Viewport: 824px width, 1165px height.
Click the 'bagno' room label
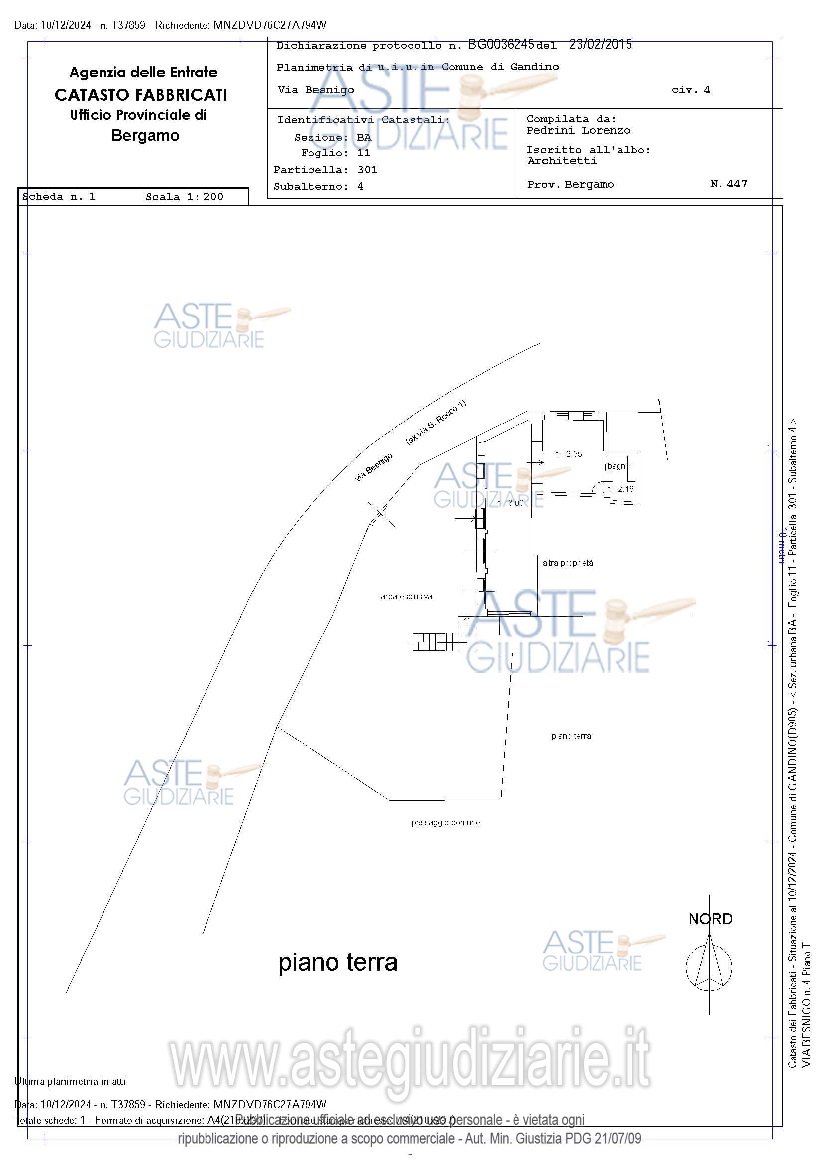[x=618, y=466]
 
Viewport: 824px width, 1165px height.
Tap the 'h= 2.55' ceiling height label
[x=568, y=454]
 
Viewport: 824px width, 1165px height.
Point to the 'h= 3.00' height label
[x=510, y=503]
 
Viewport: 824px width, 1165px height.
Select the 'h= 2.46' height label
[x=619, y=489]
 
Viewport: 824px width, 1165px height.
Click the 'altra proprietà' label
[x=567, y=563]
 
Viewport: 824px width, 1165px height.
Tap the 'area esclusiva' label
[x=406, y=596]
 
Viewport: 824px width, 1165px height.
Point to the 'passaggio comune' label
[x=445, y=822]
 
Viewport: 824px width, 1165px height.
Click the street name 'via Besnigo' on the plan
[x=374, y=467]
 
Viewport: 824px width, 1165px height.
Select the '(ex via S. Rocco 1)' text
[x=435, y=423]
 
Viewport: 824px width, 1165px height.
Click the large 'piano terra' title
[x=337, y=962]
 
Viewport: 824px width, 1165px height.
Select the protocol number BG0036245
[x=500, y=45]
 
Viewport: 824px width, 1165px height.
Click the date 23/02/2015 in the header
[x=600, y=45]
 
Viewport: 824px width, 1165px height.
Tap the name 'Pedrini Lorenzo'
[x=578, y=130]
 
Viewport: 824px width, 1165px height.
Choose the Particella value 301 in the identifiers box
[x=367, y=170]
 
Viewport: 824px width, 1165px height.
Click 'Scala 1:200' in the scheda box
[x=184, y=197]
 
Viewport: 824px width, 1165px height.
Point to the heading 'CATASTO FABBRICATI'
[x=141, y=95]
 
